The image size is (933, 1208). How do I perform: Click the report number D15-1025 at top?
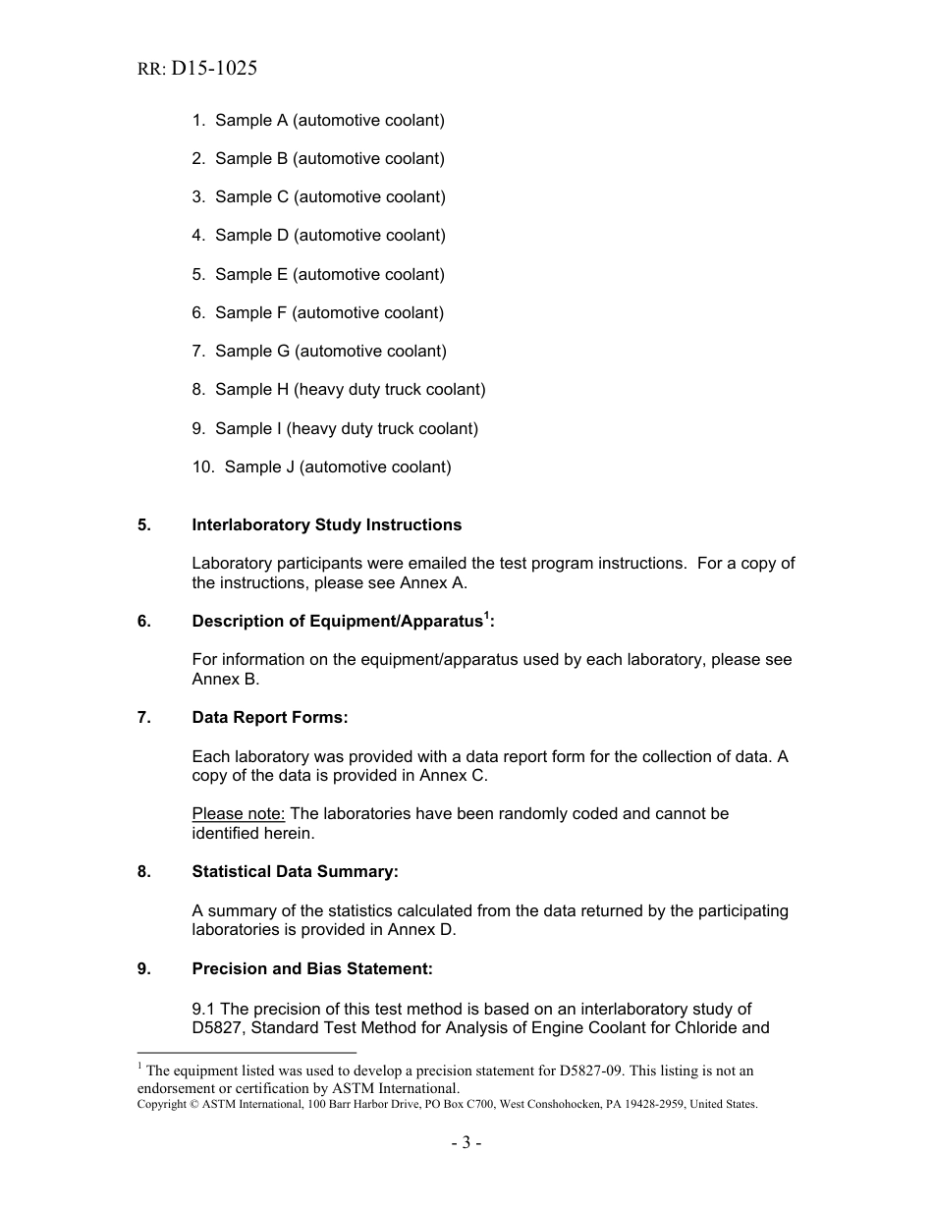[214, 69]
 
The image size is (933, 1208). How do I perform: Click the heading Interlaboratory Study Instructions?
[326, 524]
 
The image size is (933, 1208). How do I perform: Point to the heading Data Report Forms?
[270, 717]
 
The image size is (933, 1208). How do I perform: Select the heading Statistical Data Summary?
[295, 871]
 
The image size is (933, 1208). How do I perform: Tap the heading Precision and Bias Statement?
[312, 968]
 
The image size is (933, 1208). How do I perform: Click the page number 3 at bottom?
[466, 1142]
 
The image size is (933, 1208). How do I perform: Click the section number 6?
[144, 621]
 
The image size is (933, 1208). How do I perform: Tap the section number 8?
[144, 871]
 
